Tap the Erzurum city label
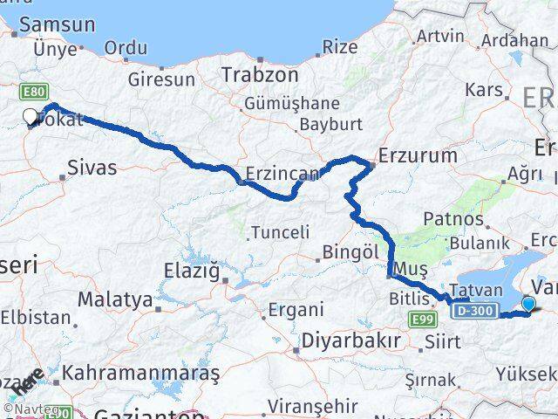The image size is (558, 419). (416, 156)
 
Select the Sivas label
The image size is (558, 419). (92, 167)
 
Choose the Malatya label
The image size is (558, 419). (115, 299)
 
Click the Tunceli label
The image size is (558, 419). (280, 232)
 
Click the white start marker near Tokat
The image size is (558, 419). (30, 116)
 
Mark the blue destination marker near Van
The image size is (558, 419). (527, 303)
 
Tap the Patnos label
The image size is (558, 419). (452, 218)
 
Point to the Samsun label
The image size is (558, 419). (57, 25)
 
